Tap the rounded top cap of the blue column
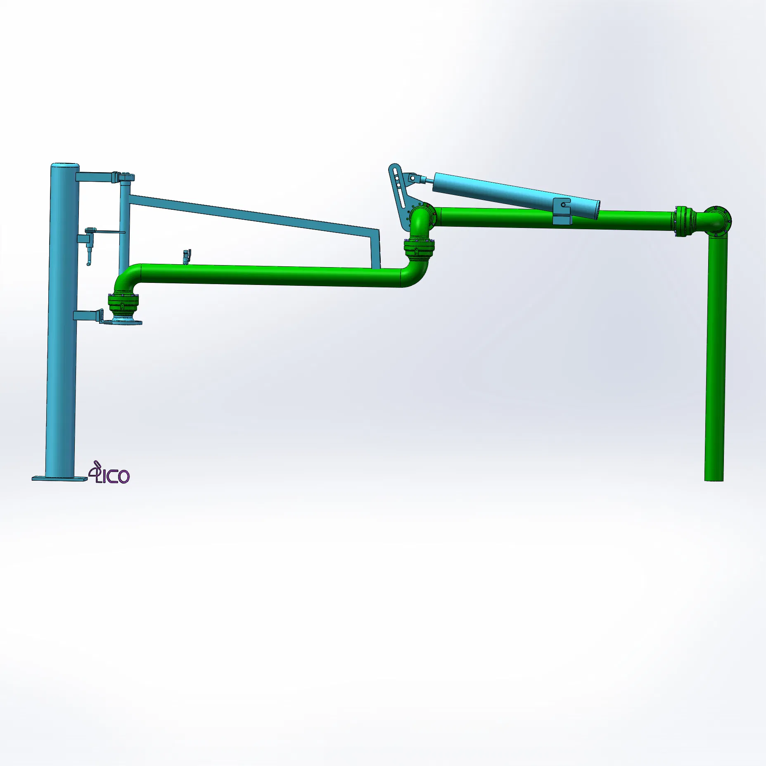pos(65,166)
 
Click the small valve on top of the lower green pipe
pos(186,256)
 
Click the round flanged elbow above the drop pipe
pos(718,221)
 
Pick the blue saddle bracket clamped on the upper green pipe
pos(562,211)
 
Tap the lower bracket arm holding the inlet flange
pos(88,316)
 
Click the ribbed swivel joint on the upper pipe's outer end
pos(683,221)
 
